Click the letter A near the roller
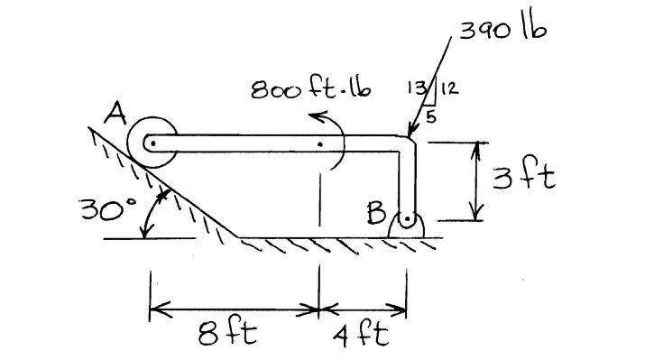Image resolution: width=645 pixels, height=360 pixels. point(115,115)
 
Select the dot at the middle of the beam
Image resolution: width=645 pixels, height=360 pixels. point(319,143)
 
